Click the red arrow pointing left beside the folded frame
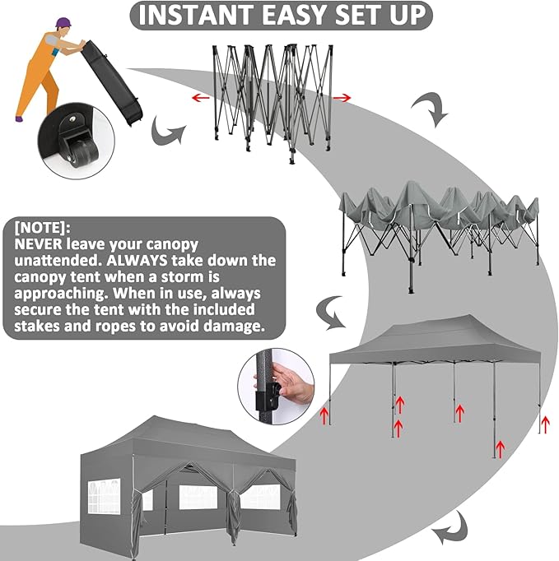(199, 98)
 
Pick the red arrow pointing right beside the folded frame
(342, 98)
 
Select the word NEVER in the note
(41, 244)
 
